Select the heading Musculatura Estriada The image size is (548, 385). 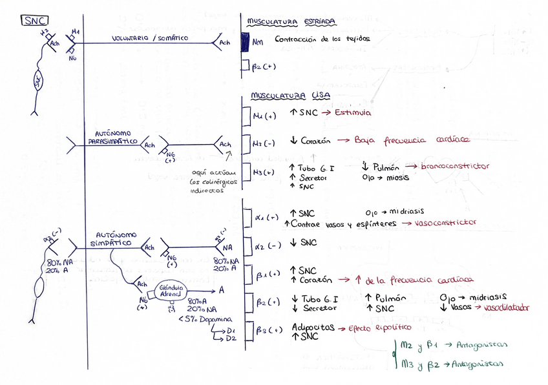pyautogui.click(x=291, y=22)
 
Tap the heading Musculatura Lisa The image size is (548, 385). pyautogui.click(x=288, y=96)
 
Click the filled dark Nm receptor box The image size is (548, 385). pyautogui.click(x=245, y=42)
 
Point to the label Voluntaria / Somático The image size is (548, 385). pyautogui.click(x=151, y=38)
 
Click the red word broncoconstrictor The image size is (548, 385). pyautogui.click(x=455, y=167)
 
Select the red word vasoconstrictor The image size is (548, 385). pyautogui.click(x=445, y=222)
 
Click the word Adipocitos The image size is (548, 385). pyautogui.click(x=313, y=328)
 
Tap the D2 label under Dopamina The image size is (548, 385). pyautogui.click(x=231, y=338)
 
